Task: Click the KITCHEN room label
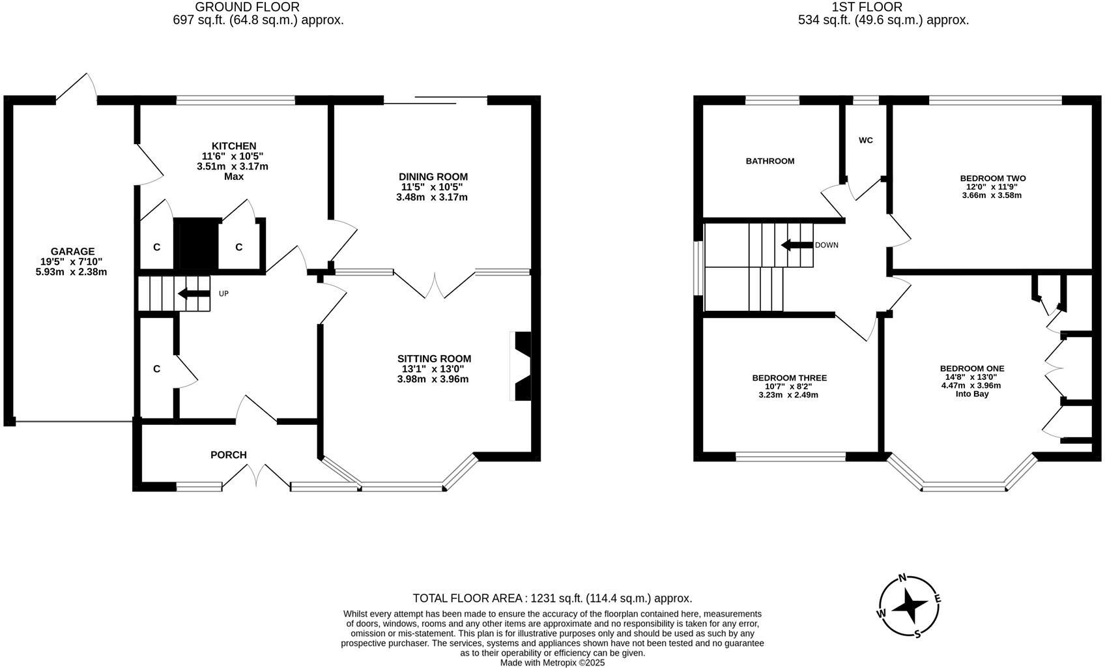click(x=233, y=146)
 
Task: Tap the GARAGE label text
click(x=72, y=252)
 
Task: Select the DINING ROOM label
click(x=433, y=177)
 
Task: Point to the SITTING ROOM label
click(x=434, y=358)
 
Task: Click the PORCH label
click(x=228, y=455)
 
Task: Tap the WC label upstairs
click(x=865, y=140)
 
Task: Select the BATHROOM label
click(x=769, y=161)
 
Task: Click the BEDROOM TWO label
click(x=992, y=178)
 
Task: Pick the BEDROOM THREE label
click(x=789, y=378)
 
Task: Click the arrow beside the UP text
click(x=194, y=293)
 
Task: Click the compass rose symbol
click(x=909, y=607)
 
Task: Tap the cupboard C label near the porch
click(x=156, y=369)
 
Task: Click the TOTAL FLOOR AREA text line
click(x=552, y=598)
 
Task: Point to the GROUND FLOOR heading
click(x=248, y=7)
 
